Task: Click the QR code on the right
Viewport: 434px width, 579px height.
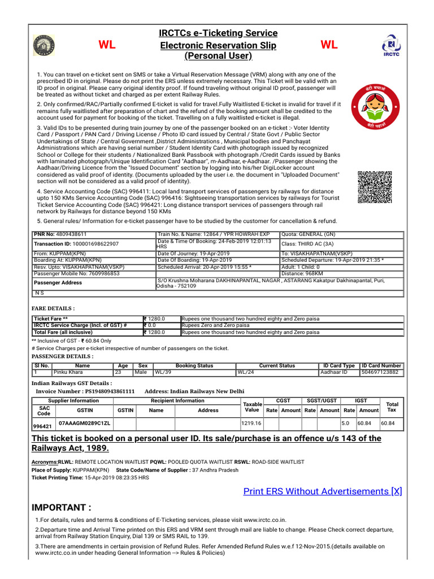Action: coord(375,187)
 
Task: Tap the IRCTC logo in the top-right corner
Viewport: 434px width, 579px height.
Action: coord(392,45)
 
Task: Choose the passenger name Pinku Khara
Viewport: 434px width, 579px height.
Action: coord(68,372)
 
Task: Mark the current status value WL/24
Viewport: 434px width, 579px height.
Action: coord(246,372)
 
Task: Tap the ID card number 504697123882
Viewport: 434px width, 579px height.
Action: coord(381,372)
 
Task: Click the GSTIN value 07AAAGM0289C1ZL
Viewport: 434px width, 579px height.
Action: coord(85,423)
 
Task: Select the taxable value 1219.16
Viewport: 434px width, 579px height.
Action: coord(251,423)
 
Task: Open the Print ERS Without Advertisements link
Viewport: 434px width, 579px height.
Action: coord(322,491)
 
